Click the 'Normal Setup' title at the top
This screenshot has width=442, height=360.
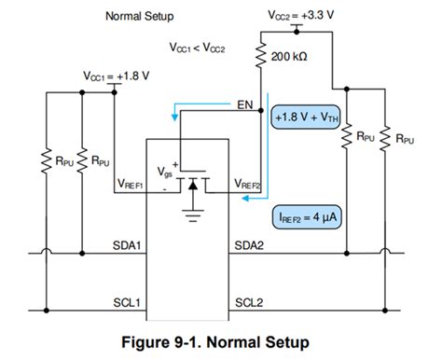point(139,16)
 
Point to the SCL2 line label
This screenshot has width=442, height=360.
point(250,303)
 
